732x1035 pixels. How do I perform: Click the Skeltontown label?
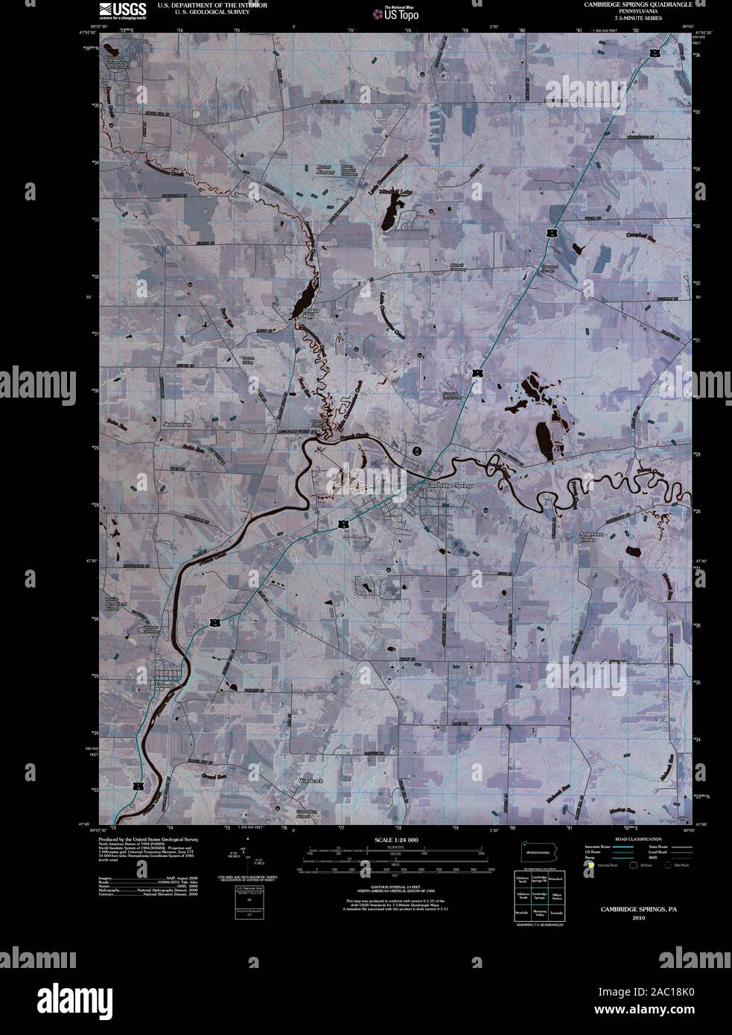(x=177, y=424)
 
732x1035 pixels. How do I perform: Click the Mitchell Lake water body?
(x=387, y=219)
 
